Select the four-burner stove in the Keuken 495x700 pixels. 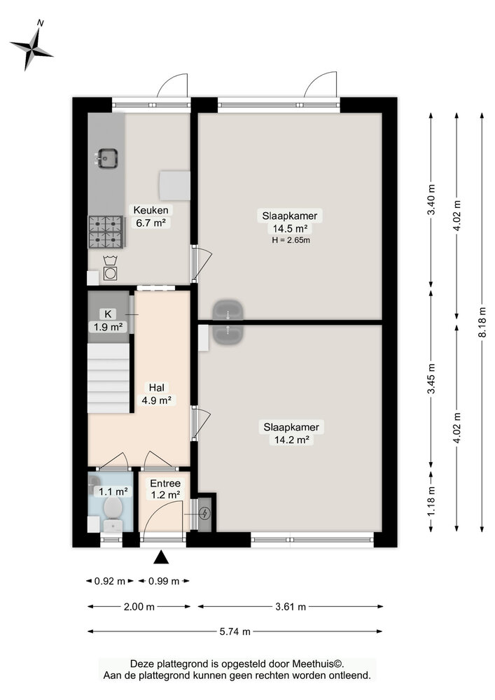pos(106,232)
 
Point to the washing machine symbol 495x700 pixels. pos(110,269)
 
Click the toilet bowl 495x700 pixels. pos(113,508)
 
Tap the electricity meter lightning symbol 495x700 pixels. pos(204,514)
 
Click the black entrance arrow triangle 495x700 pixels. pos(162,557)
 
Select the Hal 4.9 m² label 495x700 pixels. pos(157,393)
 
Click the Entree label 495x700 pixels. pos(165,484)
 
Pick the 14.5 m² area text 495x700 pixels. pos(290,229)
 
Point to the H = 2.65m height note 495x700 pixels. pos(291,240)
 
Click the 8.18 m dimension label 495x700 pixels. pos(482,322)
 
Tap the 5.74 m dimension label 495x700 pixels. pos(235,631)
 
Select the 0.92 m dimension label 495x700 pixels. pos(110,581)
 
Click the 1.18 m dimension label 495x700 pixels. pos(431,502)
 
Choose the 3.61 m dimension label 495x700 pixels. pos(291,606)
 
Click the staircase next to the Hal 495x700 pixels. pos(109,379)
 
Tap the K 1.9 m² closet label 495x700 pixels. pos(108,321)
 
